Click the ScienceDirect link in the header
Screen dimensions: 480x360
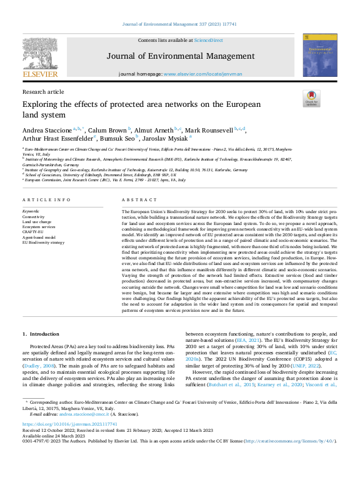(208, 40)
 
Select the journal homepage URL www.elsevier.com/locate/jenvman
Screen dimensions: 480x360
(202, 73)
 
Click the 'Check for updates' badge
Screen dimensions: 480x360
(311, 99)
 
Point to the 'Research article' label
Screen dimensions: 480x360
(43, 91)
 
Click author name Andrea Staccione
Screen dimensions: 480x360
(47, 129)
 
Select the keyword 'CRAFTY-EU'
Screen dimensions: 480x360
(34, 232)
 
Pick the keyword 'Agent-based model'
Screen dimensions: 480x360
(39, 237)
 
